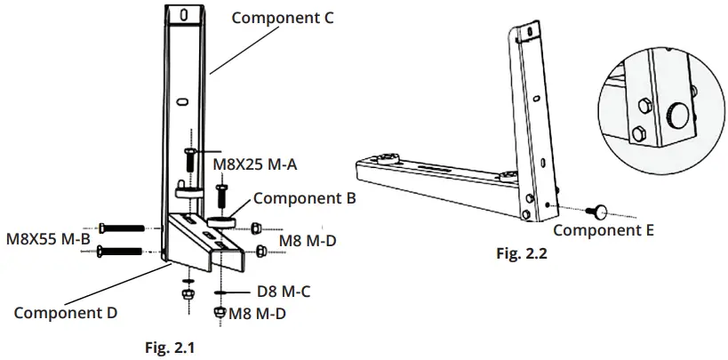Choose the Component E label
(604, 230)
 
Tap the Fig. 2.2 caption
(521, 253)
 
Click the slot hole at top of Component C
(182, 15)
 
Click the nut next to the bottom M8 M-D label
(219, 312)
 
